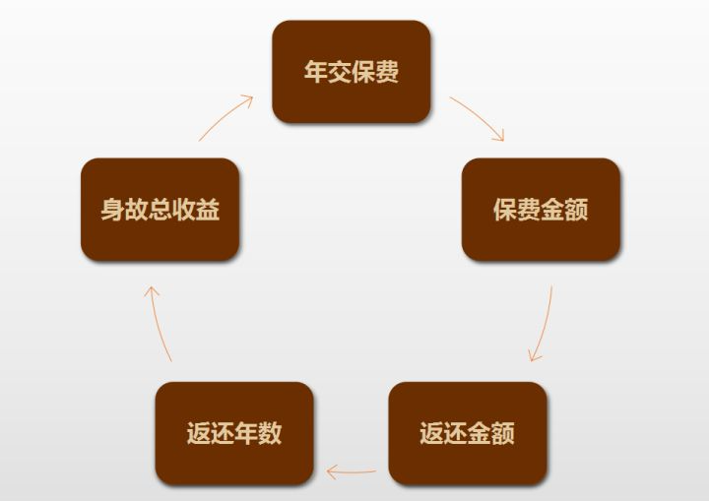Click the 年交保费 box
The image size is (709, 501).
(x=352, y=72)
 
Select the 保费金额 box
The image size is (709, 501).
(x=541, y=210)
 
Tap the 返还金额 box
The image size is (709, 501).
(x=468, y=433)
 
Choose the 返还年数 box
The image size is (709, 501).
(x=234, y=433)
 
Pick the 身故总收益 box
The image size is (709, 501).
(x=160, y=210)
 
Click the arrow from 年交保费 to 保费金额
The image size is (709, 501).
(x=479, y=117)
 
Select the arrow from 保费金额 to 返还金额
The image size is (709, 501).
(x=543, y=325)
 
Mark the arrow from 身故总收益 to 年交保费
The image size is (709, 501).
(x=226, y=116)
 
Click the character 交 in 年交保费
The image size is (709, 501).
(x=340, y=73)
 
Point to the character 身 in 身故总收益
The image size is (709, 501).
(x=112, y=211)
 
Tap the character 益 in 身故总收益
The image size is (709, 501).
(x=208, y=211)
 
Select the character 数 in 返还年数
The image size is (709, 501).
(x=270, y=434)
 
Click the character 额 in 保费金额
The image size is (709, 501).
(x=576, y=211)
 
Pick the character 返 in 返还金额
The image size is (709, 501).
(x=432, y=434)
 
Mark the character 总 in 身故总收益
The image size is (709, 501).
(x=160, y=211)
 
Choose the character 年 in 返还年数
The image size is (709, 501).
(x=246, y=434)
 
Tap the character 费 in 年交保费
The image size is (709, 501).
(x=387, y=73)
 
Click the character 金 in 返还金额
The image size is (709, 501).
(x=480, y=434)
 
